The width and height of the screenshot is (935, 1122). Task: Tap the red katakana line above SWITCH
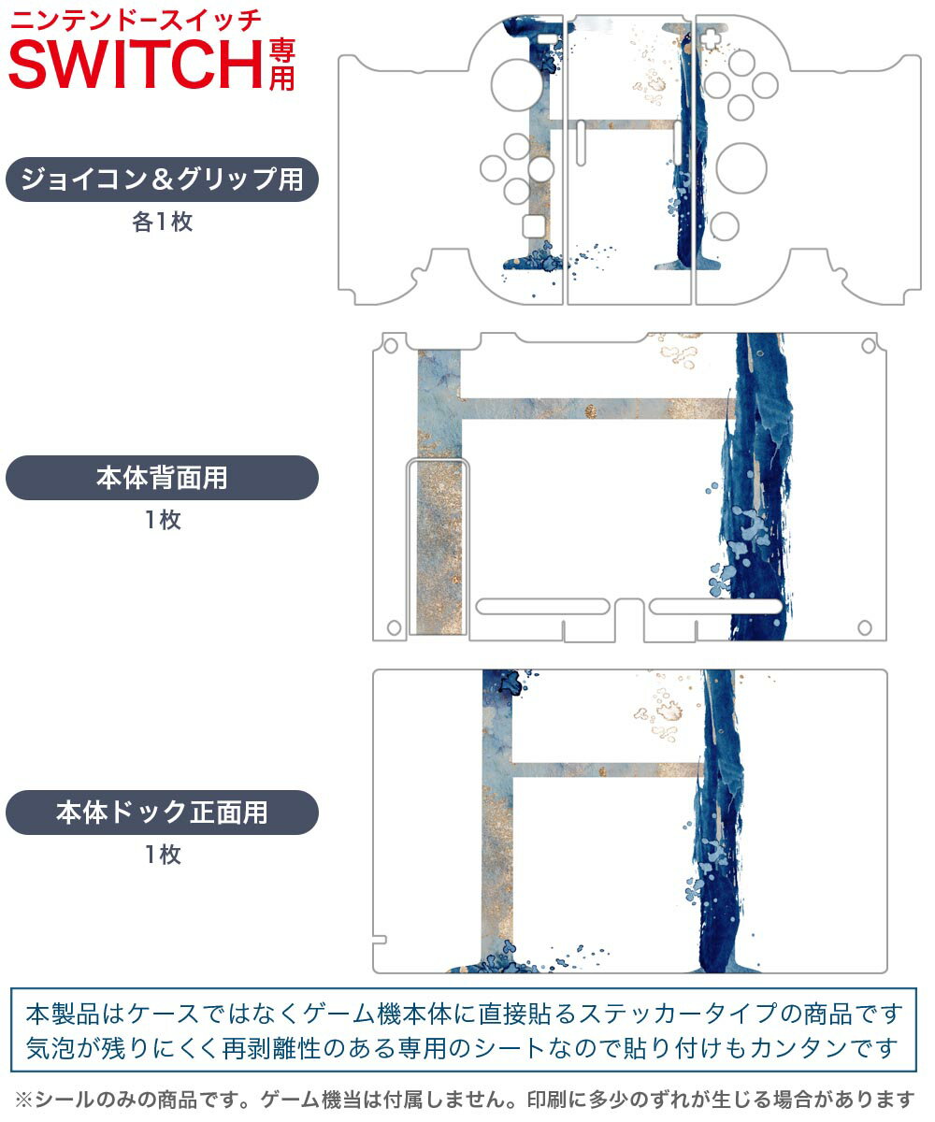coord(136,22)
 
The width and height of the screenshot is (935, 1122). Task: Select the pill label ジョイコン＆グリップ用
coord(162,180)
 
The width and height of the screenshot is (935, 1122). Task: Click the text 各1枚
coord(163,222)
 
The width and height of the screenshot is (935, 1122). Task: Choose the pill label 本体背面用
coord(162,478)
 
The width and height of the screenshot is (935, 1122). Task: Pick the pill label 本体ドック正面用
coord(162,812)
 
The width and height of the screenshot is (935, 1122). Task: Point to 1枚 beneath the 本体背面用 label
coord(164,520)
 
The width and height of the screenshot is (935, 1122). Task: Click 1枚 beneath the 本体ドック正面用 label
coord(164,854)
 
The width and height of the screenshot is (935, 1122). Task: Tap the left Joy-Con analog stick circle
coord(516,85)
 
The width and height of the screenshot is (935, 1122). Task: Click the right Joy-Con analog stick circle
coord(741,168)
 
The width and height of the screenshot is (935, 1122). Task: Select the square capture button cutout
coord(535,225)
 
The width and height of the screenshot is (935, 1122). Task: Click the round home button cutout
coord(724,226)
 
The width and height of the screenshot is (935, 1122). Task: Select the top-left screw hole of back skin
coord(391,346)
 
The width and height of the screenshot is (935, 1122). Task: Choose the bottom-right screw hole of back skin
coord(865,627)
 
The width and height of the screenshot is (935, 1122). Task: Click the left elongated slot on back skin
coord(542,607)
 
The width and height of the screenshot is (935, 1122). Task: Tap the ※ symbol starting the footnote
coord(23,1100)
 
